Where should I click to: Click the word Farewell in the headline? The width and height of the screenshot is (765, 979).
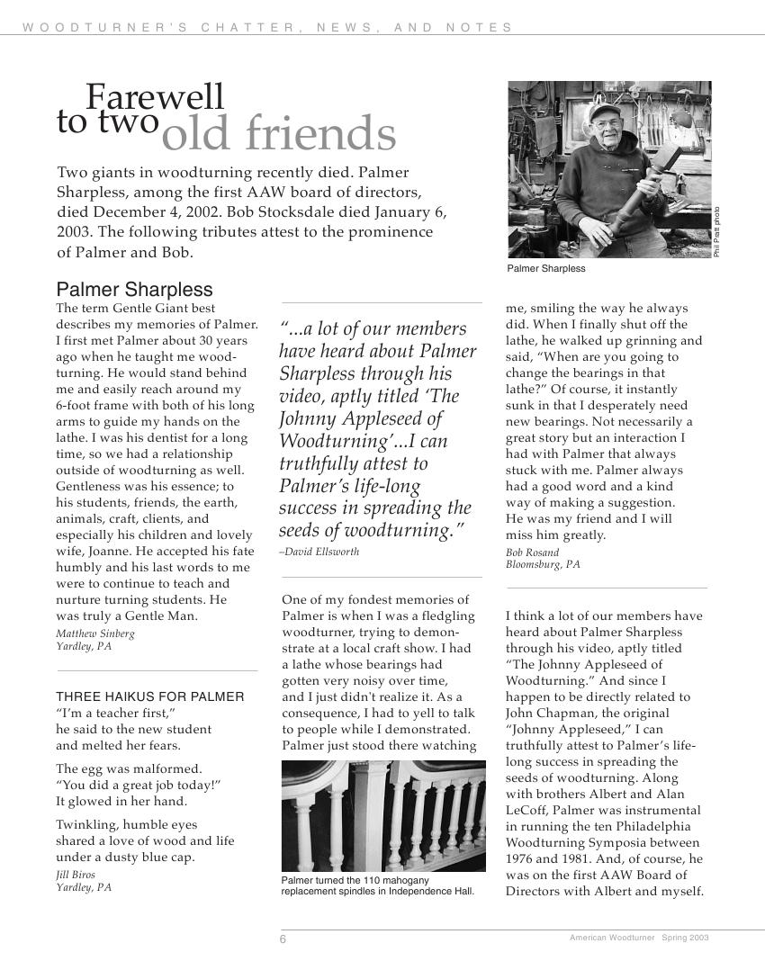point(155,97)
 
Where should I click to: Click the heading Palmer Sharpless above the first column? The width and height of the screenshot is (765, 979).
point(135,290)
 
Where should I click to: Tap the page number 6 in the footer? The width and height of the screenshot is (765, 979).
point(283,939)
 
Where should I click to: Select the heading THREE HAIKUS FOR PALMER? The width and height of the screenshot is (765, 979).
point(150,696)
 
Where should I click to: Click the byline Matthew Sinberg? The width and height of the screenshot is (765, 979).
point(95,633)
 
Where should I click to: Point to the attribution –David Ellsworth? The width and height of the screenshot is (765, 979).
point(319,552)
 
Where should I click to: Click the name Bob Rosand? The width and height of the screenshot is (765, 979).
point(532,552)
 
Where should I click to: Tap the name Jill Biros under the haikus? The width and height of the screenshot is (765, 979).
point(76,875)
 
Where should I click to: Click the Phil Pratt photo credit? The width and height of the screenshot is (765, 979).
point(717,232)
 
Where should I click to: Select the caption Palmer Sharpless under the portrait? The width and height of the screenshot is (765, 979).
point(546,268)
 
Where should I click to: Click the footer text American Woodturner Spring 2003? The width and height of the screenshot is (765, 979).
point(639,938)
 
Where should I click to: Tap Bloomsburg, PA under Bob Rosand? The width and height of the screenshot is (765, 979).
point(543,565)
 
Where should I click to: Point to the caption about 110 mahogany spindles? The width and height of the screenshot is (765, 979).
point(377,885)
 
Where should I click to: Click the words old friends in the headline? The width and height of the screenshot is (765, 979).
point(279,135)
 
